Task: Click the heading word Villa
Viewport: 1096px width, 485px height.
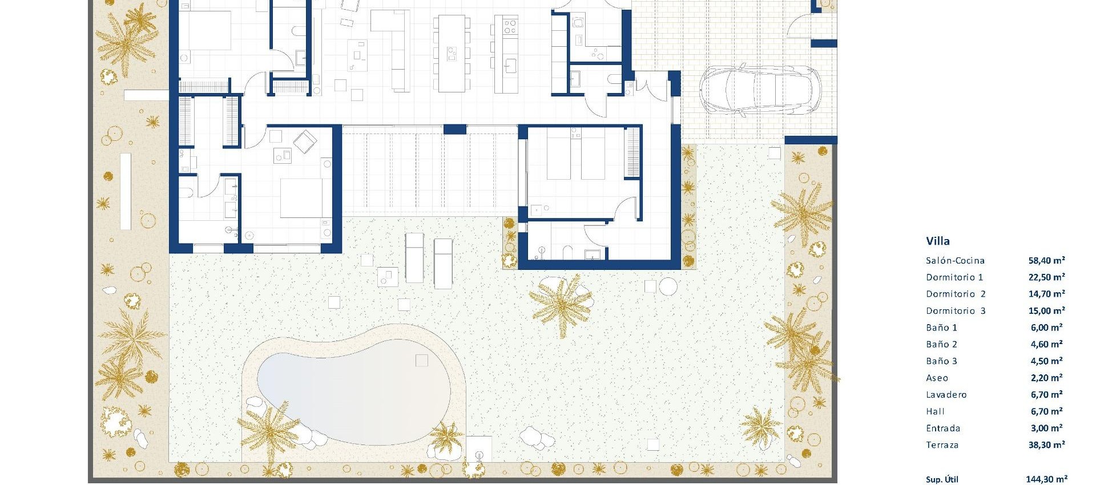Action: [938, 241]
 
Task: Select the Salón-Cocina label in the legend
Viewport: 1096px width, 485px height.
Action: [955, 261]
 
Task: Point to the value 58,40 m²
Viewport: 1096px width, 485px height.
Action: [1046, 261]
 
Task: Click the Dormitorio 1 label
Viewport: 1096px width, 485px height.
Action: [954, 277]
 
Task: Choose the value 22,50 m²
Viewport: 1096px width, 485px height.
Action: [1046, 277]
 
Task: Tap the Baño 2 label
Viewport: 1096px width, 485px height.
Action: [941, 345]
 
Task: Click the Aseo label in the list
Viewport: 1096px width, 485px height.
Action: [937, 378]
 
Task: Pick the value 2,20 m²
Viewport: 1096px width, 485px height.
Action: [1046, 378]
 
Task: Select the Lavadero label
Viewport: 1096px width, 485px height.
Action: [946, 395]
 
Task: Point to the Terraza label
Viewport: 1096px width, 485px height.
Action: [942, 445]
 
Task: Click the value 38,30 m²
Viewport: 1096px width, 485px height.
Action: [1046, 445]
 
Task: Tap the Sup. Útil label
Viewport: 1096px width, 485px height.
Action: [942, 479]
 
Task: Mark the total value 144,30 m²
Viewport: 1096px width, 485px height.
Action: [1046, 479]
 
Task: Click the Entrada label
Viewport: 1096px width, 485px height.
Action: [943, 429]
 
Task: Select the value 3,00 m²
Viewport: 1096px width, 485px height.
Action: [1046, 429]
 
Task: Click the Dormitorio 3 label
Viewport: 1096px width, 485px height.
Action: [956, 311]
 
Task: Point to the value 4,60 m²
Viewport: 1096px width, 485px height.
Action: [1046, 345]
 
